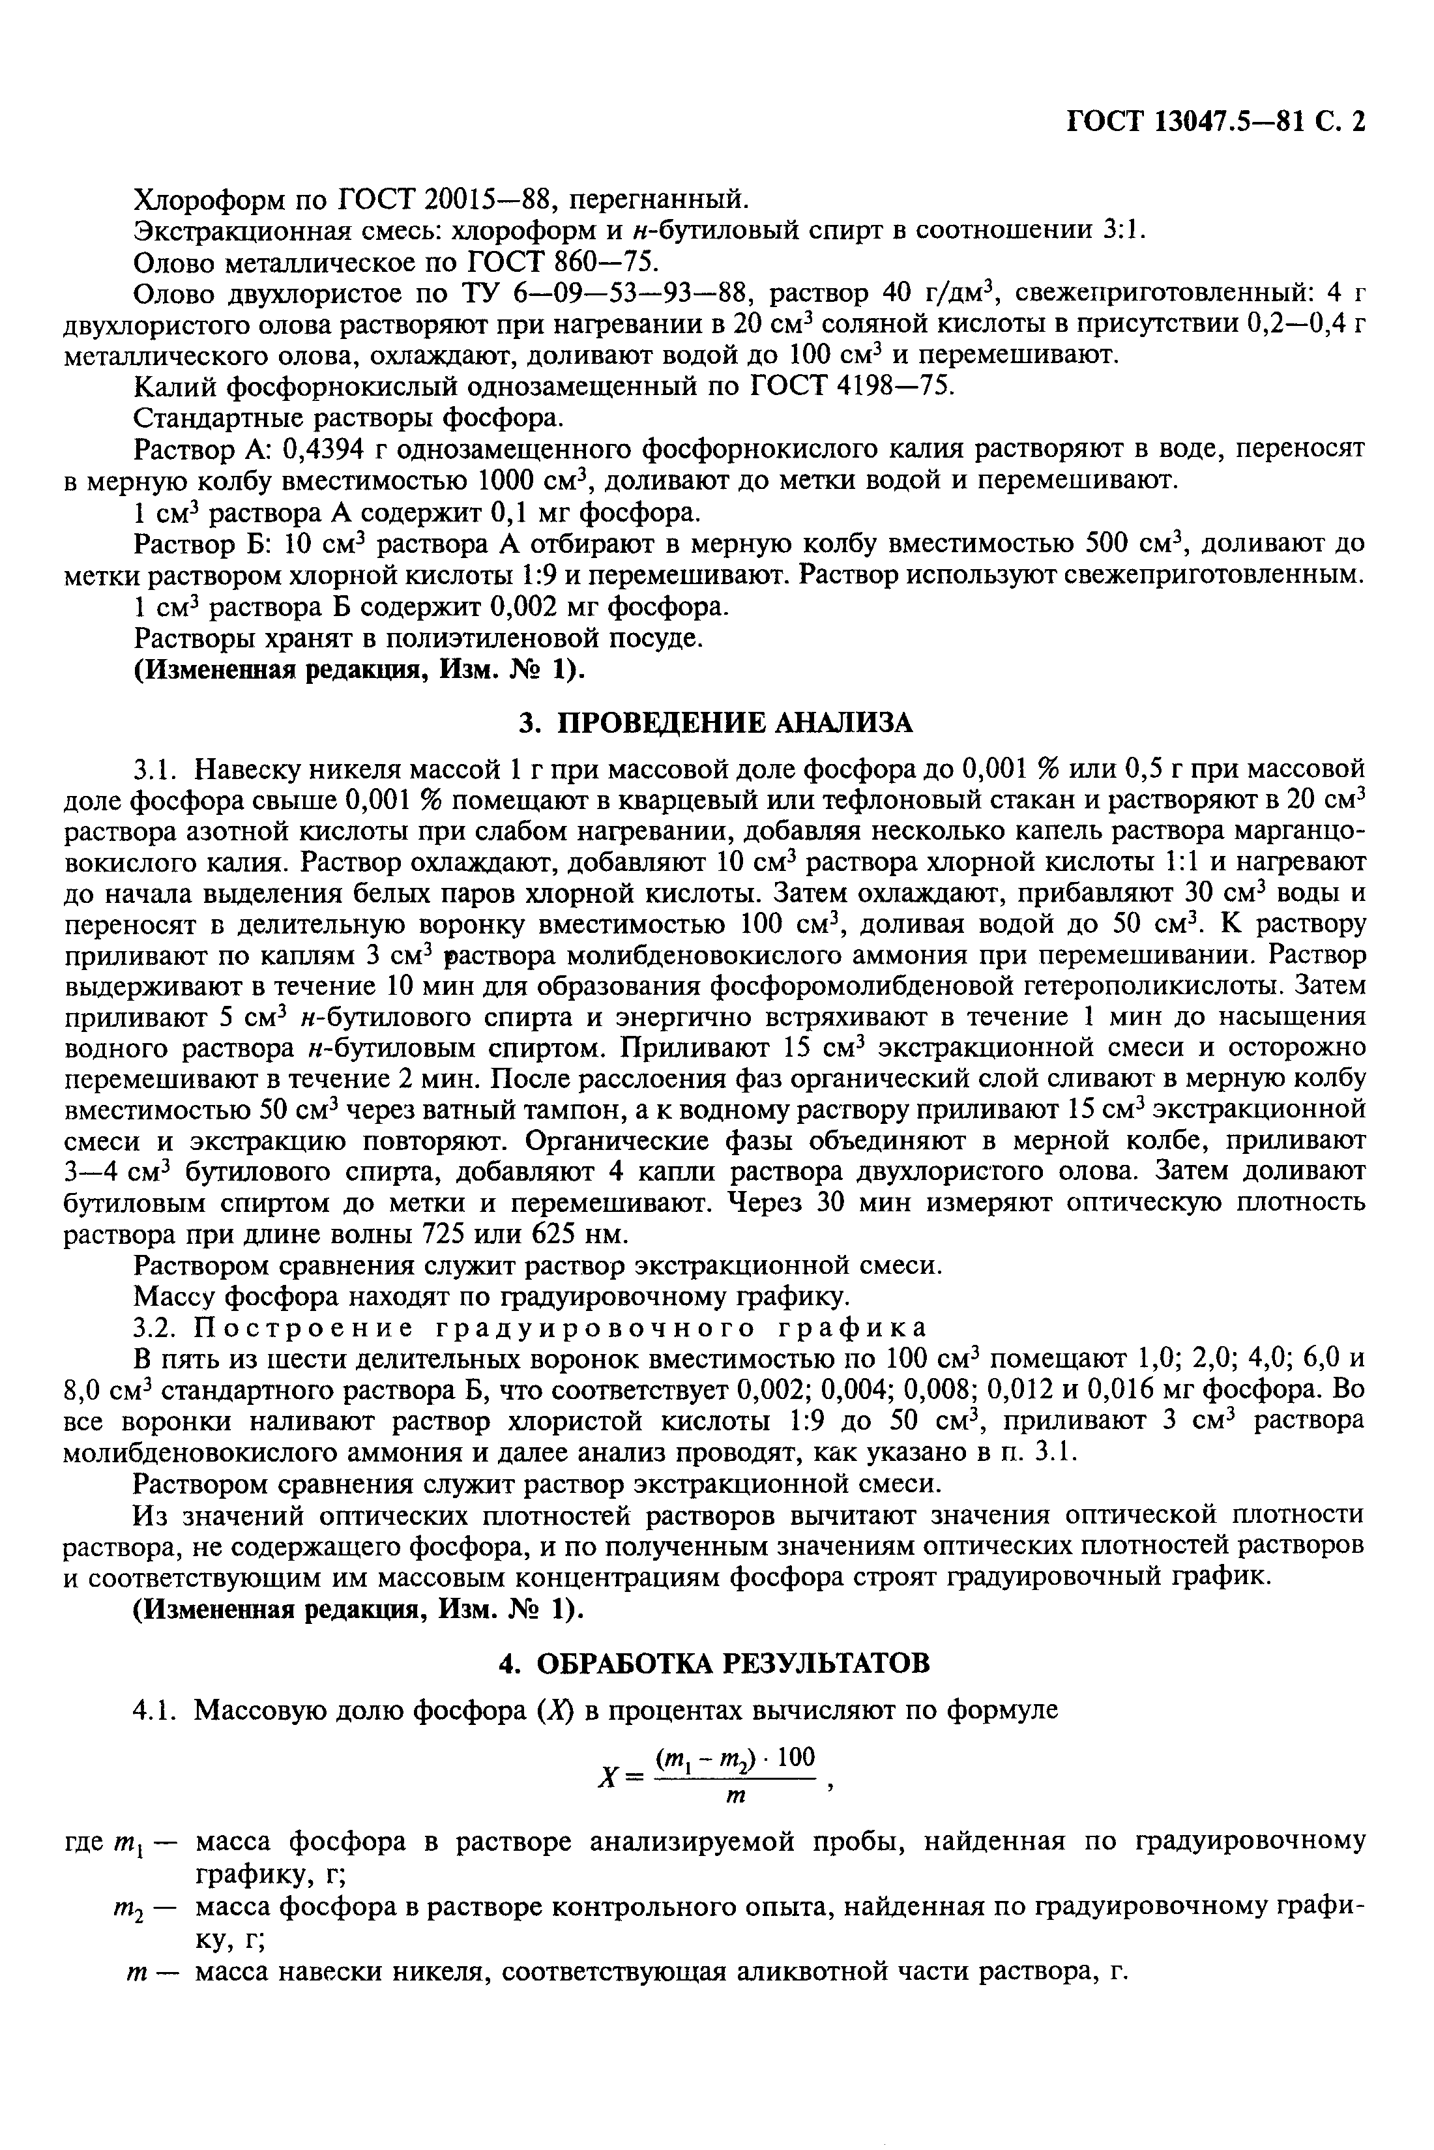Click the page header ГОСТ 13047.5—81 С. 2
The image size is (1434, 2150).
pos(1216,122)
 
